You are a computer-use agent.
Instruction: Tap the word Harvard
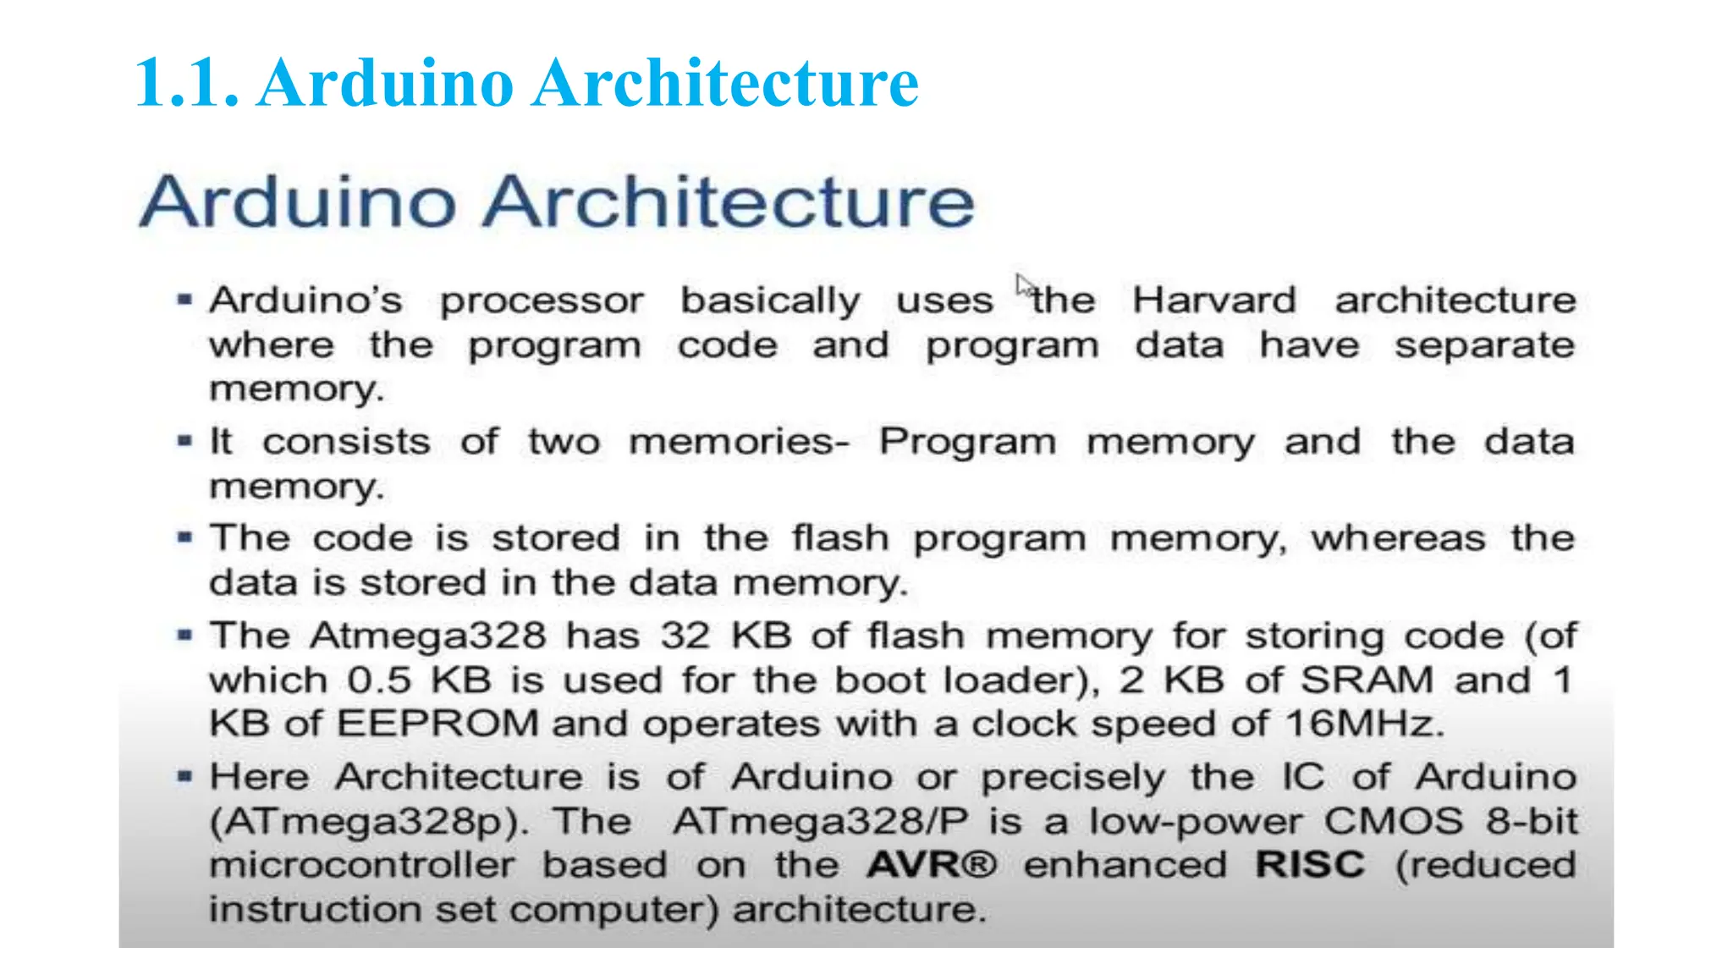1214,300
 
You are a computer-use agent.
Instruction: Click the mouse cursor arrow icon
1025,285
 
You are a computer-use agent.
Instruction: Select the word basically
770,300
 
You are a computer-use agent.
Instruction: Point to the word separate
1484,345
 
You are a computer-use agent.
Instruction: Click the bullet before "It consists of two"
184,440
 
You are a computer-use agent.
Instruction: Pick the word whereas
1398,538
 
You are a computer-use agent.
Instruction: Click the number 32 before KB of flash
685,636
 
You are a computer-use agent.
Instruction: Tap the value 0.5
379,680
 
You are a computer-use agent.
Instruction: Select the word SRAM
1367,680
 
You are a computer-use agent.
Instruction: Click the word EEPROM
437,724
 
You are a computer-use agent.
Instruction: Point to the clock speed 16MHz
1362,724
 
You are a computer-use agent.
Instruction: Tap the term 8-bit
1532,821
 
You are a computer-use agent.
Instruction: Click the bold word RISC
1310,865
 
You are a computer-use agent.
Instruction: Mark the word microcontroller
361,865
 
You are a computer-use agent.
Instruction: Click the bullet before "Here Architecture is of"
184,775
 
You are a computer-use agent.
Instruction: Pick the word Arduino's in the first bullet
306,300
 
